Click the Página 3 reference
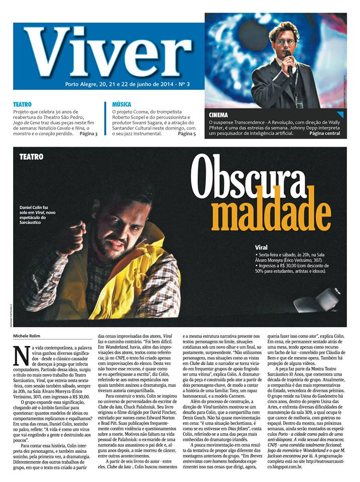[88, 134]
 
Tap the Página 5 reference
[187, 134]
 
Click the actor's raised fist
[71, 240]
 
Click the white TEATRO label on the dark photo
[31, 157]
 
